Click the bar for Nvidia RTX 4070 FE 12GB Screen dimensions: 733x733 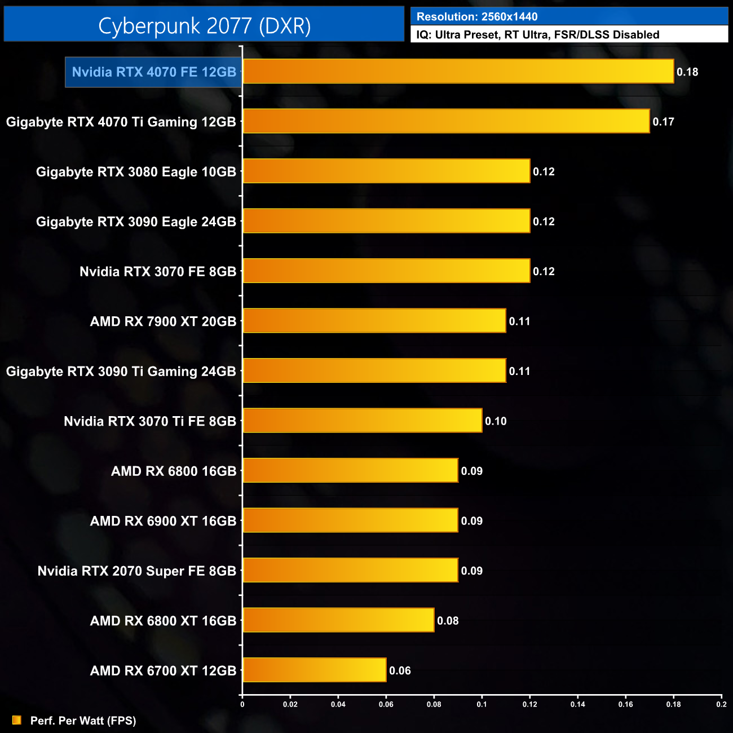[458, 72]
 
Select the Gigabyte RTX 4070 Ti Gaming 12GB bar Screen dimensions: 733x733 [446, 121]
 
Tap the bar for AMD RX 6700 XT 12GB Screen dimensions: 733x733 [315, 670]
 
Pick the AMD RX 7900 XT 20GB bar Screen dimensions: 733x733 [374, 321]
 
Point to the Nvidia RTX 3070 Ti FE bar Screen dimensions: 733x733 [363, 421]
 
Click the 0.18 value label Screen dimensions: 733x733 [687, 72]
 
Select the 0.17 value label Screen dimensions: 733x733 [663, 122]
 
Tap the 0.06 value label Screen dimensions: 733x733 [400, 670]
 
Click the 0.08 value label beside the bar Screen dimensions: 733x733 [448, 621]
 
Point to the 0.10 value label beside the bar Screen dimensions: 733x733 [496, 421]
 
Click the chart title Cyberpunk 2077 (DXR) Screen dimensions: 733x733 [204, 25]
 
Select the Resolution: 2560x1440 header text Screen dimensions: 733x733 [477, 17]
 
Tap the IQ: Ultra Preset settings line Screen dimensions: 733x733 [537, 35]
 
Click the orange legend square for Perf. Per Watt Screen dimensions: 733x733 [17, 720]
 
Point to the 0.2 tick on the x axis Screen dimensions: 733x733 [721, 704]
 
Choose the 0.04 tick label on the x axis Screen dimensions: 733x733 [338, 704]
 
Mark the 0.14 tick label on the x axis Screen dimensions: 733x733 [577, 704]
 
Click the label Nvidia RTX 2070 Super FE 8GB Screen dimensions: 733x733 [137, 571]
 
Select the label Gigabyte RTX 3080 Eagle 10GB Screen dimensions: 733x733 [136, 172]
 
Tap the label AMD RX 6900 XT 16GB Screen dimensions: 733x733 [163, 521]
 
